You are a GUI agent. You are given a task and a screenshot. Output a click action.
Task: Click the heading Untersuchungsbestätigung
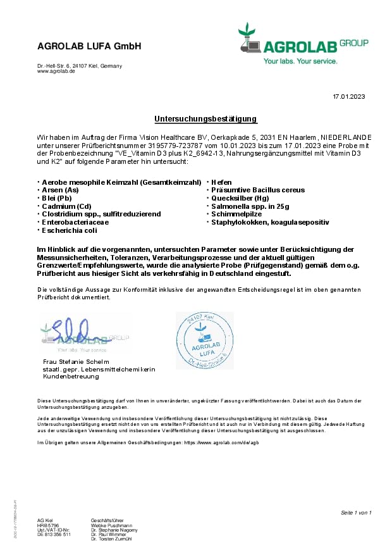point(206,119)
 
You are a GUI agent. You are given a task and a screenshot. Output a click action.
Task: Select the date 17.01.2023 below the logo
point(349,96)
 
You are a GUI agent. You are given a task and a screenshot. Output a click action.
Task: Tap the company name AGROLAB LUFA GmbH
point(89,46)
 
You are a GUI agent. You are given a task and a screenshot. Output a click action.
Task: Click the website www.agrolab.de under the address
point(56,72)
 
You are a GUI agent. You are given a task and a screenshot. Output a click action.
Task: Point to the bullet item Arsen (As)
point(60,190)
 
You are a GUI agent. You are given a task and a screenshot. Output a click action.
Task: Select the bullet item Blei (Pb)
point(57,198)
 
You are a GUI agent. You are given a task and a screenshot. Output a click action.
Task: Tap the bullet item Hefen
point(221,182)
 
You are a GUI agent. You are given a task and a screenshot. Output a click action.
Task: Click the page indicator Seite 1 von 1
point(356,512)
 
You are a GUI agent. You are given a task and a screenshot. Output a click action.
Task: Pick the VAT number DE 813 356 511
point(54,534)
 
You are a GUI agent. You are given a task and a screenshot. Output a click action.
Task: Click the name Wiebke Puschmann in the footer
point(113,525)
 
